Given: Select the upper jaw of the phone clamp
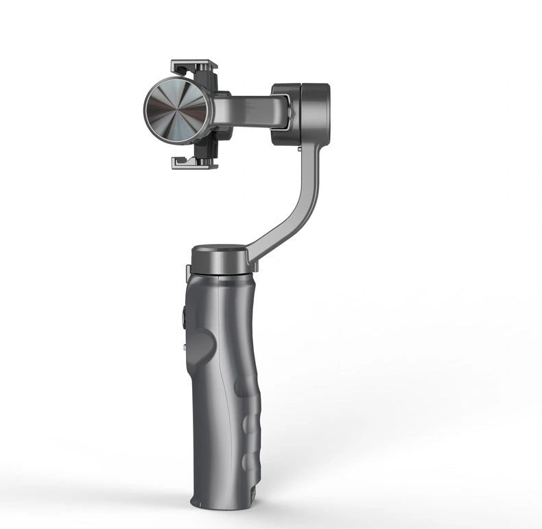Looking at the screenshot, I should click(193, 66).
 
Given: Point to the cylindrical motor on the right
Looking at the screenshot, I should click(302, 114).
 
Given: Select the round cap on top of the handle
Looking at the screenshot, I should click(219, 256).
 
